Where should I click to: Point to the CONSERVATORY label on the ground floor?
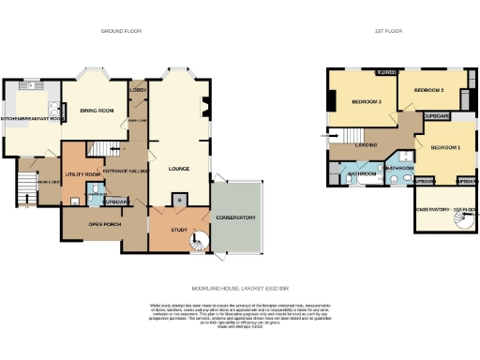coord(234,217)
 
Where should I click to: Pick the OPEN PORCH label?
coord(106,225)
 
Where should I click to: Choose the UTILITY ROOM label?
coord(82,149)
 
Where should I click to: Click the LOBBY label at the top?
coord(137,90)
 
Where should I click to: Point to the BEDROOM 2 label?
coord(428,90)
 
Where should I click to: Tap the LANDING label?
coord(367,144)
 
